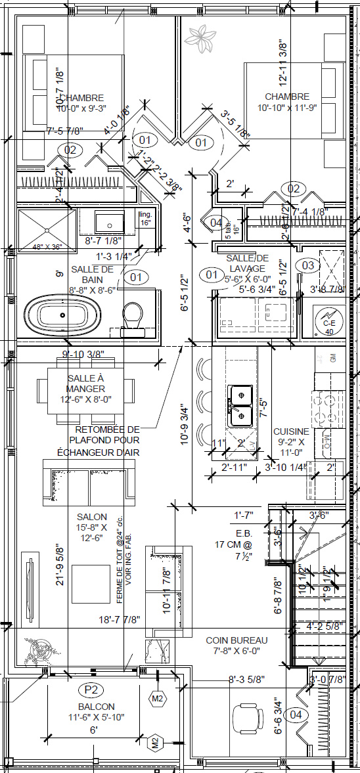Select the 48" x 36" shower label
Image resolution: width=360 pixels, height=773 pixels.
(47, 248)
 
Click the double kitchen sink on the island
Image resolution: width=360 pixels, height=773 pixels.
(240, 406)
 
